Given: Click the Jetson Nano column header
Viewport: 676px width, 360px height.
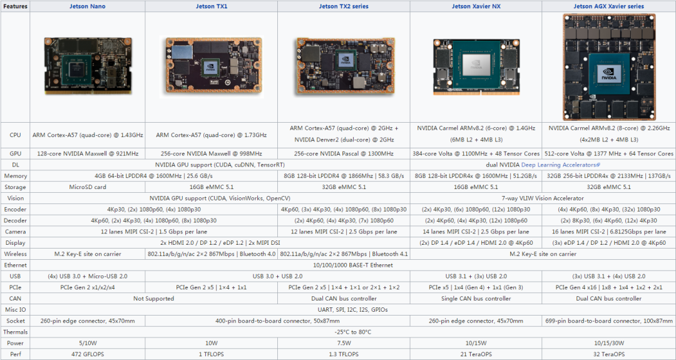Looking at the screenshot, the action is point(88,6).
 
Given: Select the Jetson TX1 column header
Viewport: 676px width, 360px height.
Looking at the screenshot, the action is point(212,6).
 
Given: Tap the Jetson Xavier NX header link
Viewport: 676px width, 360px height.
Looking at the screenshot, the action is point(476,6).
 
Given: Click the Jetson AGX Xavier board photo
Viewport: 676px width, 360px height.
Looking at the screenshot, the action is point(609,67).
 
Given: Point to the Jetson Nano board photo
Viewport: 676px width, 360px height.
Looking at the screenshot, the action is point(88,66).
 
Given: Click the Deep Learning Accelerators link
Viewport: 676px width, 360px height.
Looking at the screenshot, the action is point(560,165).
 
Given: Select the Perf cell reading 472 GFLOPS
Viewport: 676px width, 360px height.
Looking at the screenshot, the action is point(88,354).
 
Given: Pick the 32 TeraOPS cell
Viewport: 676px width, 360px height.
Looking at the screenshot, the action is point(609,354).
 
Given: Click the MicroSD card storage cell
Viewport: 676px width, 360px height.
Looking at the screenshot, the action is point(88,187).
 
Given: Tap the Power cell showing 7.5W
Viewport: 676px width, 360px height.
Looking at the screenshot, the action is point(344,343).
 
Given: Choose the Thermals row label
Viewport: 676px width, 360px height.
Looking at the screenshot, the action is point(15,332).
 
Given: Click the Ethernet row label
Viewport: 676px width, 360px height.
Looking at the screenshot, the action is point(15,265).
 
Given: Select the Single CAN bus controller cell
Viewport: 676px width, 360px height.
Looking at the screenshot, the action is point(476,299).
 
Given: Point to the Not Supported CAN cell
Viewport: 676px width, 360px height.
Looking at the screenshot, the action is point(153,299).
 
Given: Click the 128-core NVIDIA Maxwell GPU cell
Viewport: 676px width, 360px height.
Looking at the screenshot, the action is point(88,153).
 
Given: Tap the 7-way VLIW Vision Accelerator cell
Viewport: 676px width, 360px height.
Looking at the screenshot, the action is point(542,198).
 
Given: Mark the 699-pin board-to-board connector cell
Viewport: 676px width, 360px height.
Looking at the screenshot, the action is point(609,321).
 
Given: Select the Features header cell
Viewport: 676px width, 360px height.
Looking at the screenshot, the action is point(15,6).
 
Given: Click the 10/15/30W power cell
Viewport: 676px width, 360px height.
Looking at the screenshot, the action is point(609,343).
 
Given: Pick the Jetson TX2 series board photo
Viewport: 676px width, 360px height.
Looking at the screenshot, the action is point(345,66).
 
